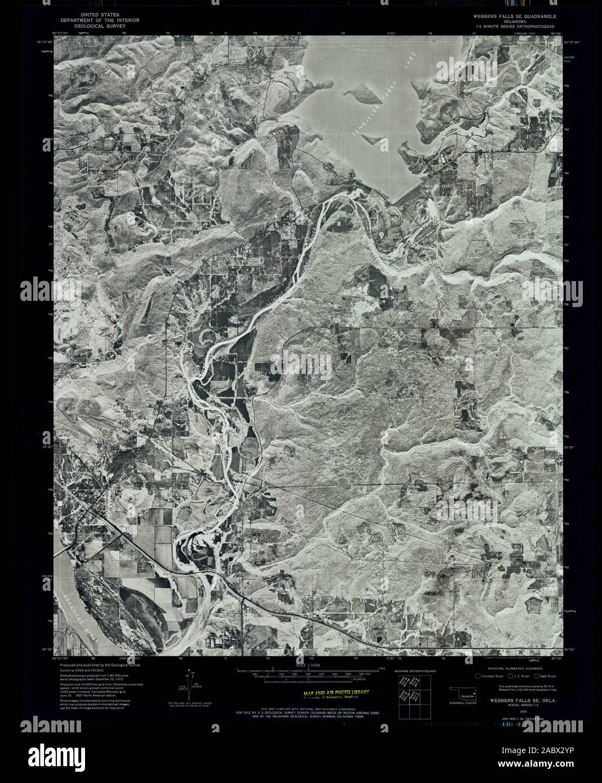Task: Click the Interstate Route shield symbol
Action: pos(477,675)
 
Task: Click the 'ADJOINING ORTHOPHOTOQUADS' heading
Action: pos(414,671)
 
